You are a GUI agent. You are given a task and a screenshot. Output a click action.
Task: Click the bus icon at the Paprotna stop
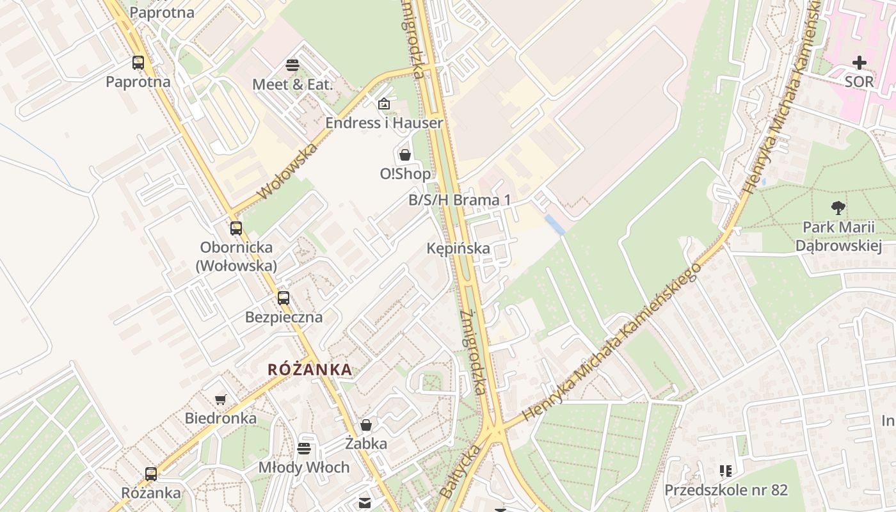click(x=138, y=63)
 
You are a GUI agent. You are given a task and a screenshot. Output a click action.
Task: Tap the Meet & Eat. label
click(x=292, y=84)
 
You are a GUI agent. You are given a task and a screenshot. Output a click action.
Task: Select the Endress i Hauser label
click(x=384, y=122)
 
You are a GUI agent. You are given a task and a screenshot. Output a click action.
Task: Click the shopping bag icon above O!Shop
click(x=404, y=155)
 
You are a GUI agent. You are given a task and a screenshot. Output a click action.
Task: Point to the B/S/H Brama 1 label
click(x=460, y=200)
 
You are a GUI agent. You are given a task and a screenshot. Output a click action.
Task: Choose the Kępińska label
click(x=458, y=248)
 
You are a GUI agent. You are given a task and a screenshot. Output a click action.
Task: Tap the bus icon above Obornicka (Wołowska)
click(x=236, y=228)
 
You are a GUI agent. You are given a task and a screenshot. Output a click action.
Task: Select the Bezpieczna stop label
click(x=284, y=317)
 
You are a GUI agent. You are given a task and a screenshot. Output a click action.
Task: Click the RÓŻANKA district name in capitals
click(x=310, y=369)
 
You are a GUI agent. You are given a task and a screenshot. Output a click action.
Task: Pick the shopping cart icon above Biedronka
click(x=221, y=399)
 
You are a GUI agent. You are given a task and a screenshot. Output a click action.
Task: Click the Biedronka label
click(x=221, y=418)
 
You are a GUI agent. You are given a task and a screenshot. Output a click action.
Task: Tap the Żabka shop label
click(x=366, y=443)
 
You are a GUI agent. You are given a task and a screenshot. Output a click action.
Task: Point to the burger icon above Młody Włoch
click(x=304, y=448)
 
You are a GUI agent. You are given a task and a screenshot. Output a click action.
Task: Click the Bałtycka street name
click(x=461, y=472)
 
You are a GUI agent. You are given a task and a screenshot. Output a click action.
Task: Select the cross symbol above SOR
click(x=859, y=63)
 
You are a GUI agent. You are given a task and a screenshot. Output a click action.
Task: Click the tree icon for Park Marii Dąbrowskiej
click(x=838, y=207)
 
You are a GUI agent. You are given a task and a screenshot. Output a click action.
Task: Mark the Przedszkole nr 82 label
click(x=726, y=490)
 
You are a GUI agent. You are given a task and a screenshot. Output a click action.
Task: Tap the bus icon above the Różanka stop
click(x=151, y=474)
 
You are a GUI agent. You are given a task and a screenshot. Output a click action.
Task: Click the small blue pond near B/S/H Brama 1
click(x=554, y=224)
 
